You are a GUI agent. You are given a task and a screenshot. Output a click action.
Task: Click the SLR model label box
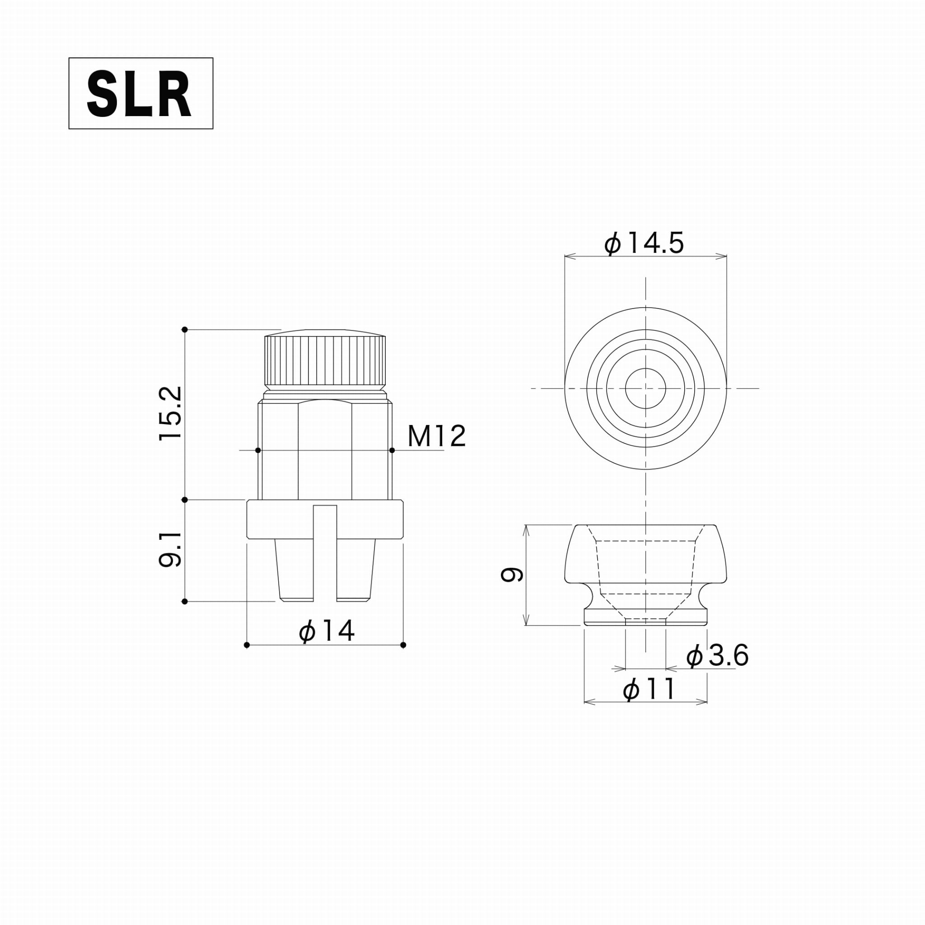tap(141, 93)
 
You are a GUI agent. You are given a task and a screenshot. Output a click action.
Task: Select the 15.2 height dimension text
tap(171, 413)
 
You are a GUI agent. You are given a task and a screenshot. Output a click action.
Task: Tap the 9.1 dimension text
tap(171, 549)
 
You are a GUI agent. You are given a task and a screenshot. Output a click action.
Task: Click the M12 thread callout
tap(436, 436)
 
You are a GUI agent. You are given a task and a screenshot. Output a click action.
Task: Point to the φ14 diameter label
tap(327, 631)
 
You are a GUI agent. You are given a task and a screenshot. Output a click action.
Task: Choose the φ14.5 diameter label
tap(644, 243)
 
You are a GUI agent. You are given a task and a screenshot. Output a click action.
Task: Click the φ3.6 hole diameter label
tap(717, 655)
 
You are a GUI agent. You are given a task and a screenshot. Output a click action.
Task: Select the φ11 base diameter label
tap(649, 689)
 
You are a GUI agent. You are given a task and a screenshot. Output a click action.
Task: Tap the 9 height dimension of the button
tap(511, 574)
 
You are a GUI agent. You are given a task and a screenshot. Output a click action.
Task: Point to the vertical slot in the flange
tap(325, 551)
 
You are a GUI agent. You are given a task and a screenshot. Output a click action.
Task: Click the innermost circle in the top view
tap(645, 388)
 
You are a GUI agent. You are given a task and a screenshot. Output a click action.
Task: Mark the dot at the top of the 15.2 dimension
tap(185, 329)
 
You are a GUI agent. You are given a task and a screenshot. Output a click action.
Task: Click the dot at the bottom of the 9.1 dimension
tap(185, 601)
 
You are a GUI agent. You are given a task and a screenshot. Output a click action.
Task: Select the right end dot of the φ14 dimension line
tap(403, 645)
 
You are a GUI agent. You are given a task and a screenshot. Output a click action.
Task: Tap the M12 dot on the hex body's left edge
tap(258, 450)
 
